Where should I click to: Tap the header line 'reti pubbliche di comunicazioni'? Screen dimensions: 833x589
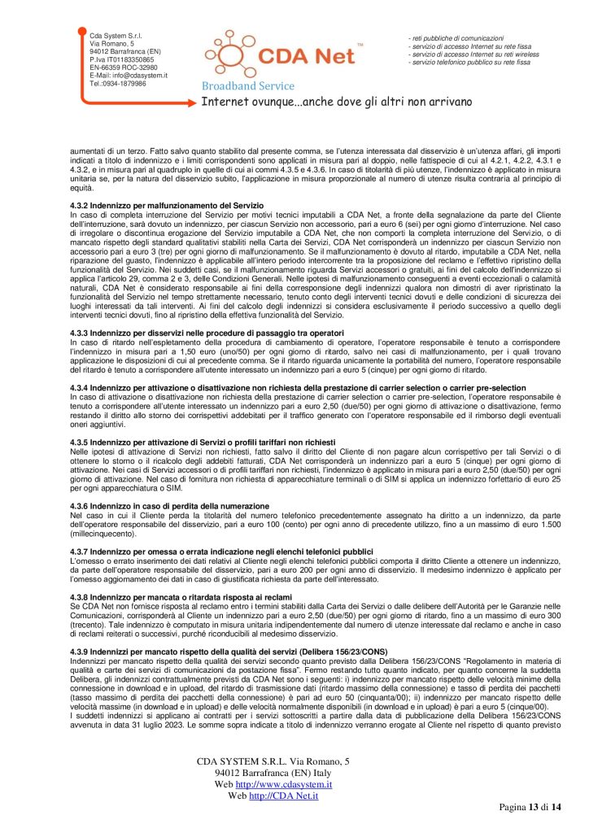tap(460, 37)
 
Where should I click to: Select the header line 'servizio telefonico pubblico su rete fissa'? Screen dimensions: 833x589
tap(470, 62)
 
